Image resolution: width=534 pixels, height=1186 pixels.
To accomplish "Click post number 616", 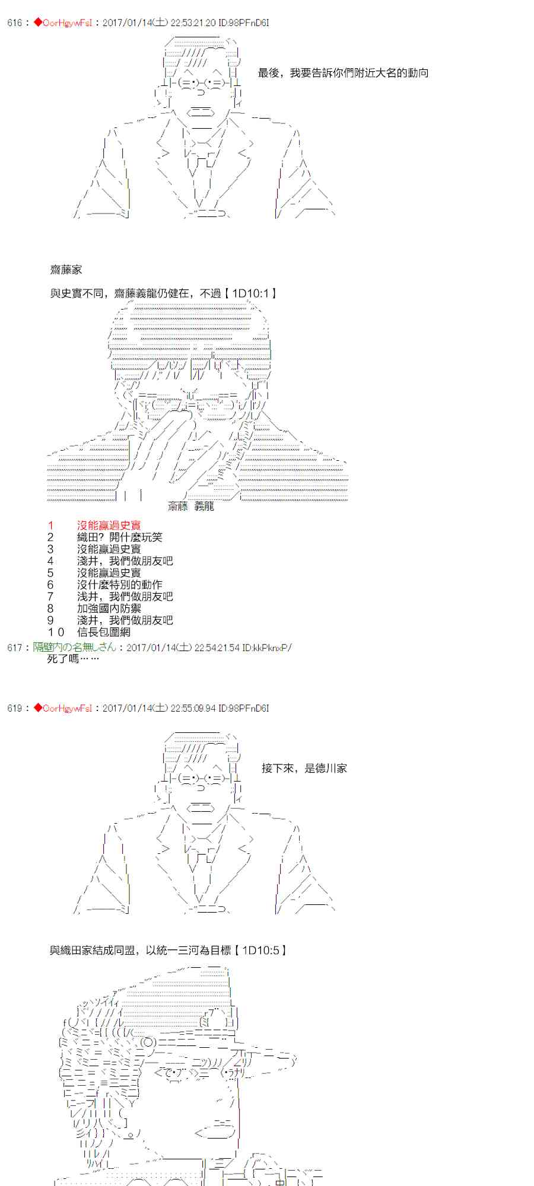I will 14,23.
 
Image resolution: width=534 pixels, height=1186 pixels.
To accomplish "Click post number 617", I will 14,648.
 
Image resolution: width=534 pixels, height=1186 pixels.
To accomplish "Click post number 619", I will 14,708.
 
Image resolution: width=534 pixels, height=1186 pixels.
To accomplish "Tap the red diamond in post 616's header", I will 38,23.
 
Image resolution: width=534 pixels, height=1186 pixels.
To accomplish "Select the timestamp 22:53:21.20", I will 193,23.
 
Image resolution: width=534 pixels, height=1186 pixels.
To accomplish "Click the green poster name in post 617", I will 74,648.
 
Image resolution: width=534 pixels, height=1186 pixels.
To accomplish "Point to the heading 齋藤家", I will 66,270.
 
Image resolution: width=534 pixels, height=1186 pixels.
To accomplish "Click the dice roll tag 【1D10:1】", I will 250,294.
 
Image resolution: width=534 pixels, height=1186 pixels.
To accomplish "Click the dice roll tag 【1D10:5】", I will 260,951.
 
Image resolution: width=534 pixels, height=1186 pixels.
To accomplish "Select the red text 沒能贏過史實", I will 109,525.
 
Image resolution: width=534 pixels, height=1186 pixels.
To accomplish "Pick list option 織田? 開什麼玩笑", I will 119,537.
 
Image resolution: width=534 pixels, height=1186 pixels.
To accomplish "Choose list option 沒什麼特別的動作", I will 119,585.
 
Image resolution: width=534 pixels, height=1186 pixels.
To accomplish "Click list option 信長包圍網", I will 103,632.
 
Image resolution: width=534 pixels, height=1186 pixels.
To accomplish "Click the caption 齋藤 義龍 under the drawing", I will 190,506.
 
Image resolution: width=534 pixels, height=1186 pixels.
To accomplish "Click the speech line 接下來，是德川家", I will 304,769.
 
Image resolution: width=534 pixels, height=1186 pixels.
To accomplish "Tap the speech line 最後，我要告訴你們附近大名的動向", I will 343,73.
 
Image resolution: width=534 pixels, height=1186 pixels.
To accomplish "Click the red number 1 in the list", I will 51,525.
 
